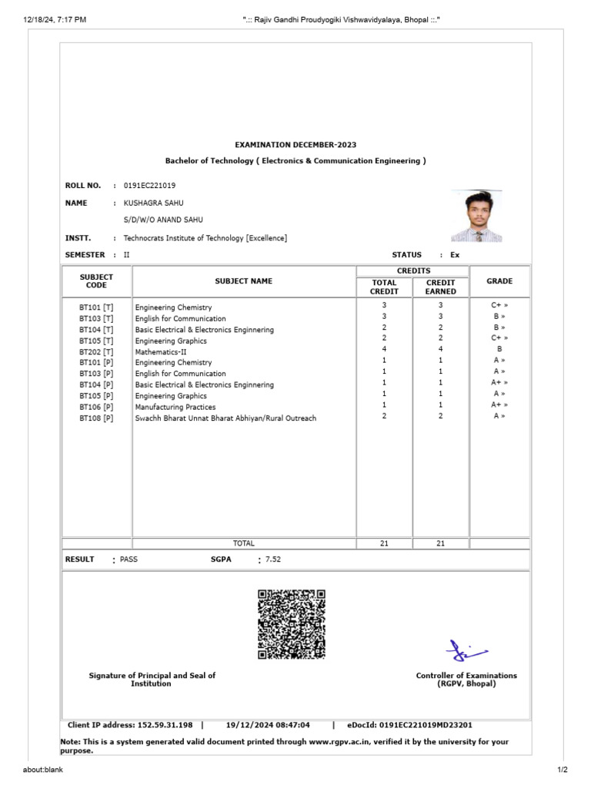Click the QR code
click(292, 624)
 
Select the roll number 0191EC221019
click(149, 186)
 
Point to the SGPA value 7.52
click(273, 559)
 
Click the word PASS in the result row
click(129, 559)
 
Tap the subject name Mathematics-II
click(161, 351)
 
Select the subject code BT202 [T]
click(96, 351)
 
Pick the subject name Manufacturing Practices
click(175, 407)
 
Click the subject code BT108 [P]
click(96, 418)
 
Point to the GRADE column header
click(499, 281)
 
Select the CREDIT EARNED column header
click(440, 287)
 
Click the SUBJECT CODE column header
click(96, 281)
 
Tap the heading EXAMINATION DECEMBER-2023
click(295, 145)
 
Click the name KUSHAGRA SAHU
click(154, 203)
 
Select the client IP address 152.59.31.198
click(165, 725)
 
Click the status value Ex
click(455, 254)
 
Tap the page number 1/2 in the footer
click(562, 770)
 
